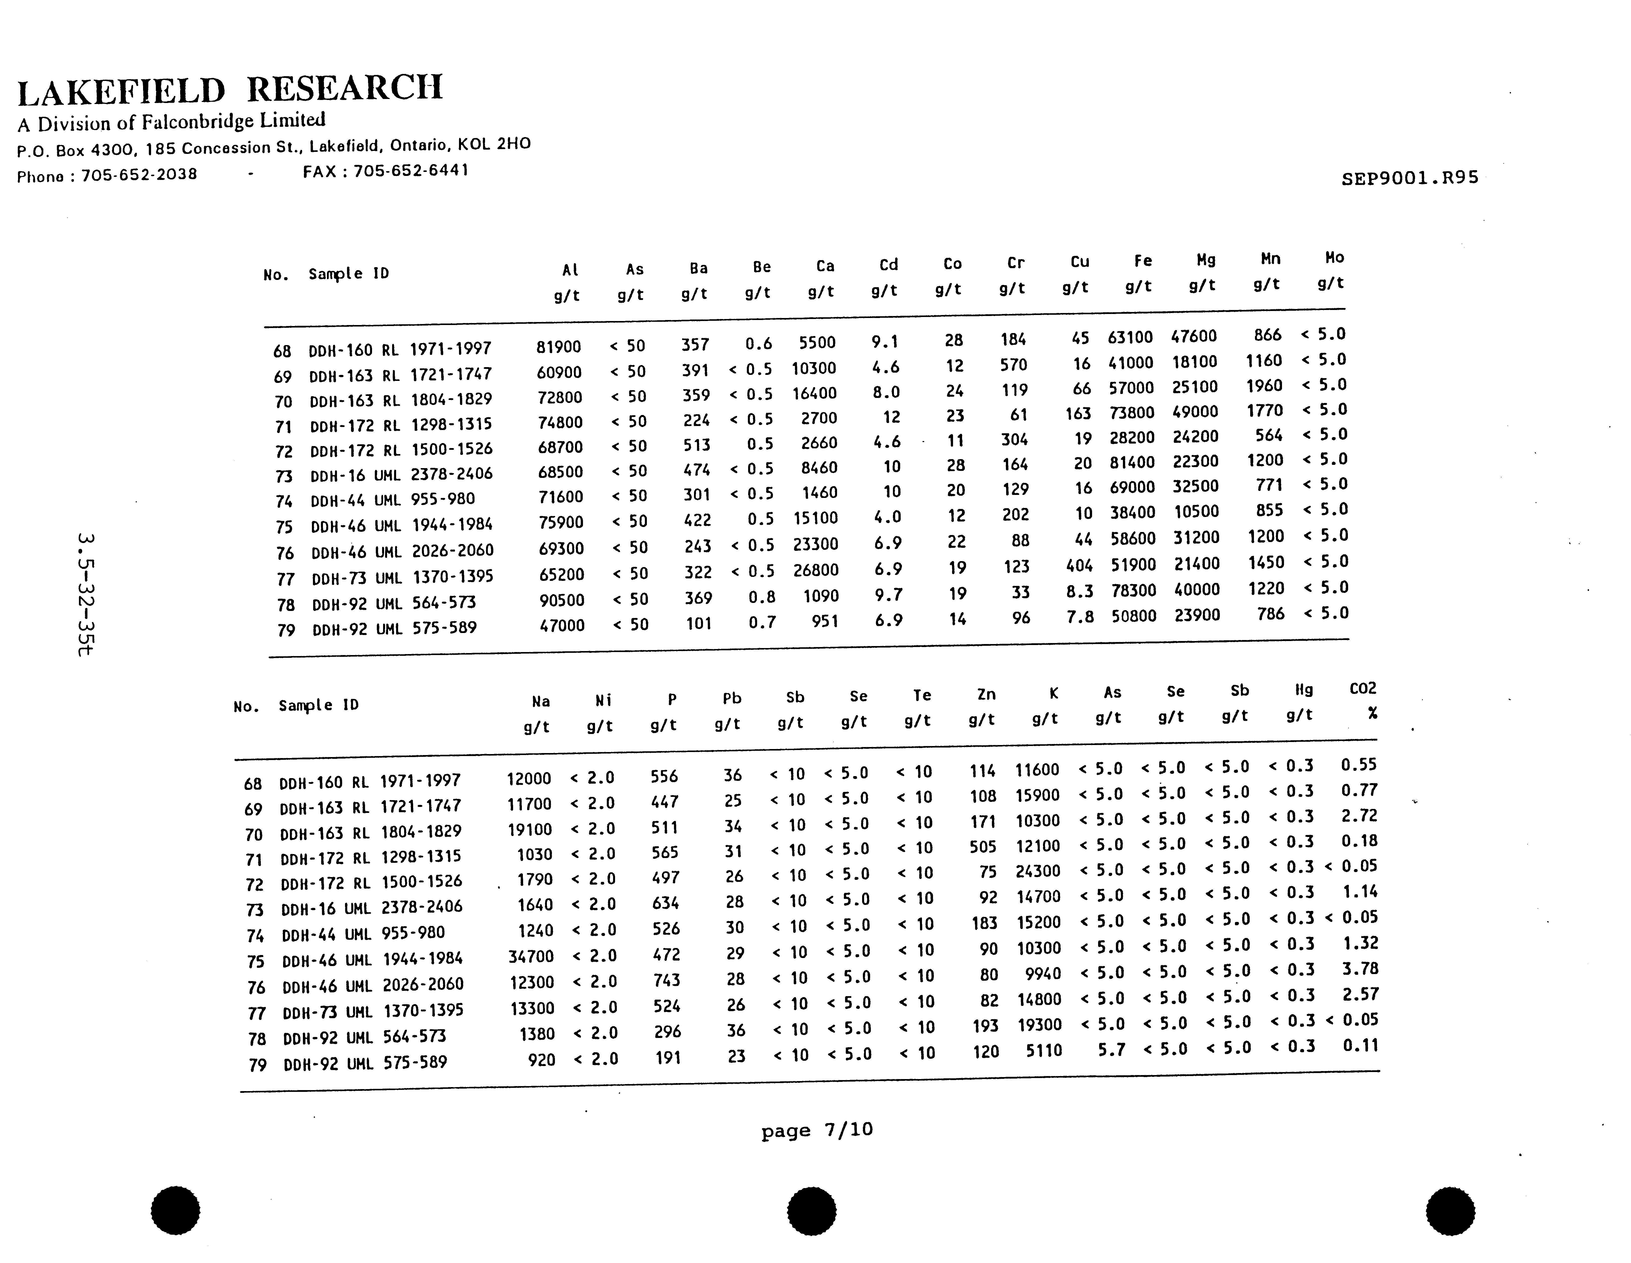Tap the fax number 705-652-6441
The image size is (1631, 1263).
point(411,170)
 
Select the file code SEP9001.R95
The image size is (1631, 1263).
point(1409,178)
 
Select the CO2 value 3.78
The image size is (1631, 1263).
point(1359,969)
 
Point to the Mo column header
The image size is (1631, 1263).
point(1335,258)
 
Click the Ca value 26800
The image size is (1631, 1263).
point(815,570)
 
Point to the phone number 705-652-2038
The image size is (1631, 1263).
point(139,175)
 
